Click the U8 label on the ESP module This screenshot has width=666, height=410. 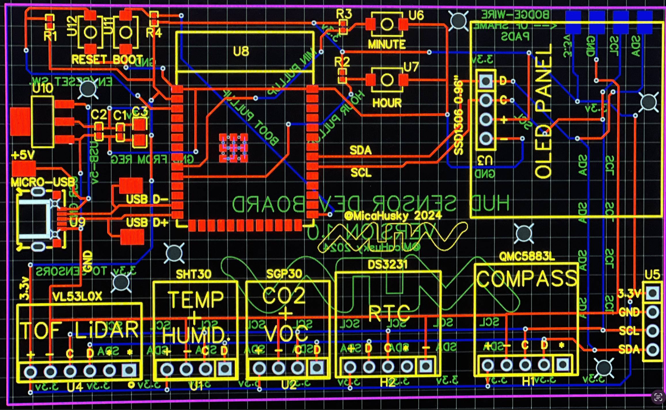coord(241,51)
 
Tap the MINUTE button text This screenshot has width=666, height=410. coord(387,44)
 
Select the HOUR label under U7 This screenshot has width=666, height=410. coord(387,103)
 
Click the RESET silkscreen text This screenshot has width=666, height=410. coord(89,60)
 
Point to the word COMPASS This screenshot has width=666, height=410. coord(526,279)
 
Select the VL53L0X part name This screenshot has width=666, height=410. coord(77,296)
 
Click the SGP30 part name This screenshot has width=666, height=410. coord(284,274)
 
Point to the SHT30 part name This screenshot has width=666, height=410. coord(193,274)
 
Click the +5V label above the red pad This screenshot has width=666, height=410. coord(23,155)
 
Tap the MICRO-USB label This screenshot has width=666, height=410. coord(43,182)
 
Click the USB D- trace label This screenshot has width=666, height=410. coord(147,199)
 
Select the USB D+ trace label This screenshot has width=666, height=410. coord(147,223)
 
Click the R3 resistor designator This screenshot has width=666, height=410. coord(344,14)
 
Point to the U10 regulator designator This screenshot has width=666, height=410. coord(43,88)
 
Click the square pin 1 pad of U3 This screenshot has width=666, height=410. coord(486,81)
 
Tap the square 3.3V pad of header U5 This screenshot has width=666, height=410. coord(652,293)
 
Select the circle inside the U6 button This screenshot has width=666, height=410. coord(387,24)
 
